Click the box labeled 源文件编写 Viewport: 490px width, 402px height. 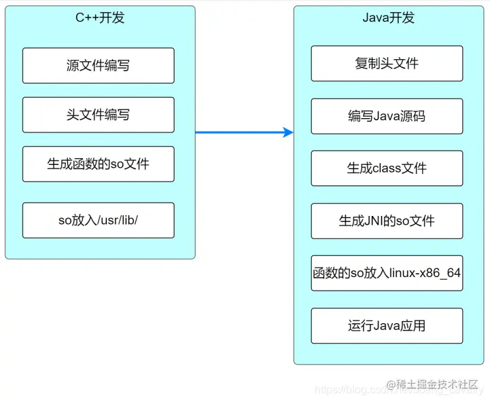point(98,65)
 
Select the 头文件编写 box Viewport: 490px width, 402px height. point(98,115)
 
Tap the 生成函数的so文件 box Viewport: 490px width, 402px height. point(98,164)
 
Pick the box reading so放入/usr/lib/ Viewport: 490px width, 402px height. point(98,220)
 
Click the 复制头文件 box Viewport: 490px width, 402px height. point(387,63)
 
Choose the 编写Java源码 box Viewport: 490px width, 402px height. point(387,116)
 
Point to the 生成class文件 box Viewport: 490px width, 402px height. point(387,168)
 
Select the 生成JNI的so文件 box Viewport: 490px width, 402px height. point(387,221)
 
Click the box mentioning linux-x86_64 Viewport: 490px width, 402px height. point(387,273)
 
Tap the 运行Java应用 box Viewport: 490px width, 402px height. point(387,326)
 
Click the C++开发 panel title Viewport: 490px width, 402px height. point(100,18)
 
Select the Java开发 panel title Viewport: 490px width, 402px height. point(388,18)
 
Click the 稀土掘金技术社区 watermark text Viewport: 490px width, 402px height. point(438,384)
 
